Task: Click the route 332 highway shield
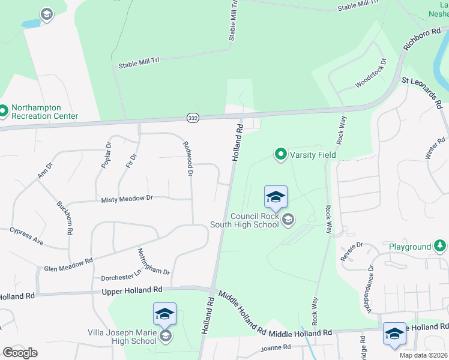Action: tap(192, 118)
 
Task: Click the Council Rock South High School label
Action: tap(244, 220)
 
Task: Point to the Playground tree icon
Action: tap(440, 246)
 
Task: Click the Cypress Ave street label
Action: tap(26, 236)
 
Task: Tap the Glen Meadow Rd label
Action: tap(68, 265)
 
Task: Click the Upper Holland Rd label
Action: tap(132, 290)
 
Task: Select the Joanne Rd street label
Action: tap(276, 347)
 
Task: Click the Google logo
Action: tap(20, 353)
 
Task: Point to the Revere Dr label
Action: tap(352, 248)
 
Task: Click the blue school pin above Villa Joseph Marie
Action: tap(164, 313)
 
